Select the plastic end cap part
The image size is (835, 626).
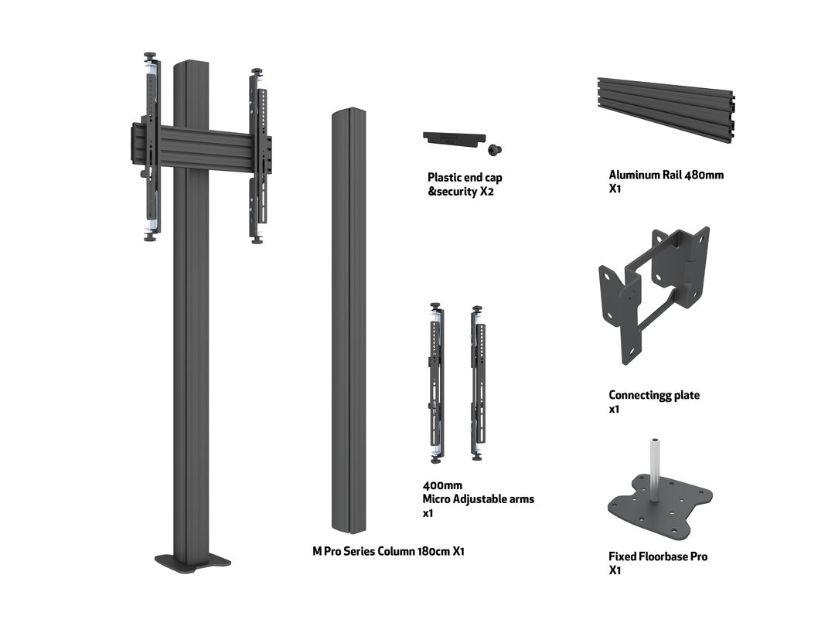pos(452,138)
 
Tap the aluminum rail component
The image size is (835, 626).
pos(666,109)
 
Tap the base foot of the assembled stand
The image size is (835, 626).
pos(193,560)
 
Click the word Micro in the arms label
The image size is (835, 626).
pos(438,499)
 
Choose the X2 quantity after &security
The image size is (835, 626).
pos(486,192)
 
